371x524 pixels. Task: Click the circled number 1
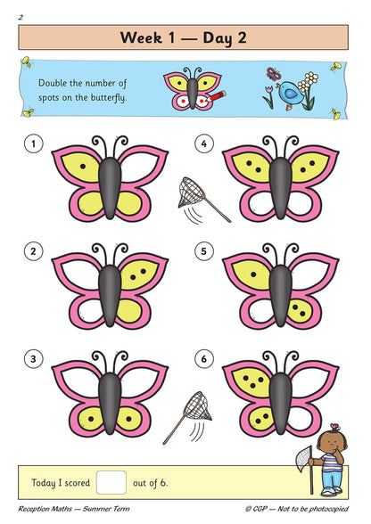point(34,143)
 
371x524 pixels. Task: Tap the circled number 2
point(34,252)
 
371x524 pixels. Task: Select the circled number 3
point(34,360)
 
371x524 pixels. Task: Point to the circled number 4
point(204,143)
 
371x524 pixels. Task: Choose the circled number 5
point(204,252)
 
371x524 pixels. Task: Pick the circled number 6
point(204,360)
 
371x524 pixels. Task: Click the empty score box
point(111,482)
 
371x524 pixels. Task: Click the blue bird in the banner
point(291,92)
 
